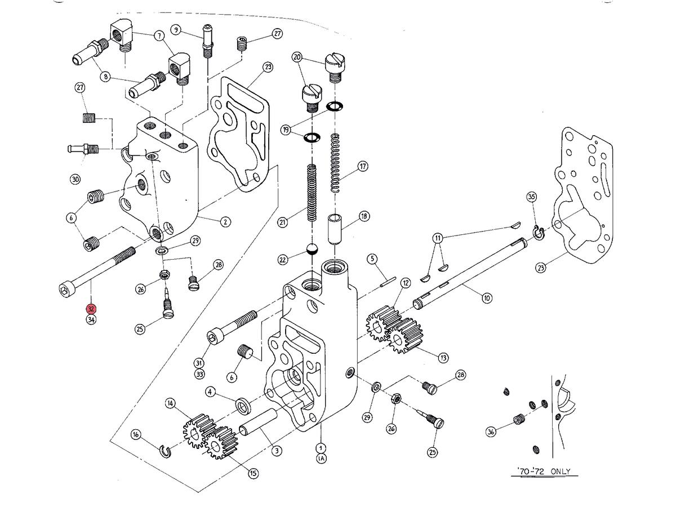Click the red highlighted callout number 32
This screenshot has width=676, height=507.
tap(91, 309)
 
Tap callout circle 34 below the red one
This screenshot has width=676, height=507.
tap(91, 320)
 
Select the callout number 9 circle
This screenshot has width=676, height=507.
tap(176, 30)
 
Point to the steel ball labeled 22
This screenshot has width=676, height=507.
tap(311, 249)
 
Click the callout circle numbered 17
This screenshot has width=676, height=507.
tap(363, 167)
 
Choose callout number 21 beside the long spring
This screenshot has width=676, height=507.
tap(283, 223)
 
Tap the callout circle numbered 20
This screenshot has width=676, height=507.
tap(297, 57)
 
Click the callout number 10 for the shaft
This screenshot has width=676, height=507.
tap(487, 297)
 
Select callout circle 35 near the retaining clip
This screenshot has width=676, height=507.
tap(531, 197)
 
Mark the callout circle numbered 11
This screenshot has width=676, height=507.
tap(438, 238)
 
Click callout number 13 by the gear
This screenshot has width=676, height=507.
tap(443, 357)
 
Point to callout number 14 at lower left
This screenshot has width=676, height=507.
tap(171, 403)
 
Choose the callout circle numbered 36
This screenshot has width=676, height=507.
tap(491, 432)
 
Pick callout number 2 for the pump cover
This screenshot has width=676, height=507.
tap(225, 222)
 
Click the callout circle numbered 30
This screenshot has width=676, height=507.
tap(75, 179)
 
